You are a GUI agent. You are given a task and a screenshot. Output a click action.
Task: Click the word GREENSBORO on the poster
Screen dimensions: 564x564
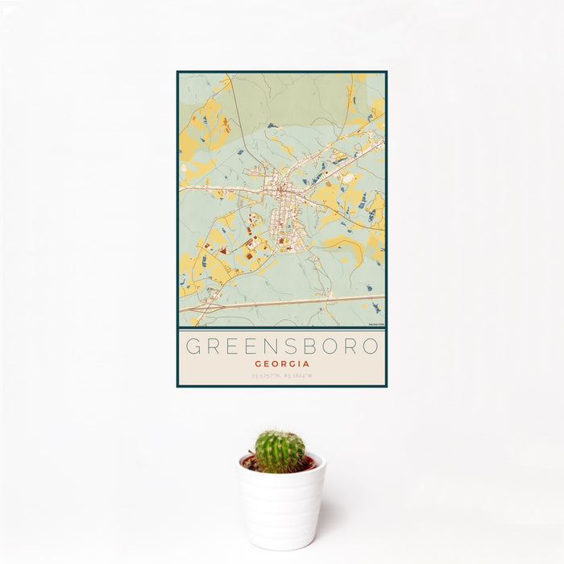click(x=282, y=346)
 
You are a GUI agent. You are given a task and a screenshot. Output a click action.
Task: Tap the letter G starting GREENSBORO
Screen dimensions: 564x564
click(x=193, y=346)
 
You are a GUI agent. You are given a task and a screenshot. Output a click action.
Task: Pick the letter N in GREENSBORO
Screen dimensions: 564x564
click(x=280, y=346)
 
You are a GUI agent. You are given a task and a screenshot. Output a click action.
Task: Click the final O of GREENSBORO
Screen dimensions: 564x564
click(x=370, y=346)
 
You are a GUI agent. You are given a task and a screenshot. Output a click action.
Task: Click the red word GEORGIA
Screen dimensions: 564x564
click(x=282, y=363)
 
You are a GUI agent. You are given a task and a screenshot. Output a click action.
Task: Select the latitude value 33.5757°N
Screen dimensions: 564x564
click(x=266, y=375)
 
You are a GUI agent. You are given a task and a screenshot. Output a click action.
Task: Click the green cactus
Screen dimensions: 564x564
click(x=280, y=450)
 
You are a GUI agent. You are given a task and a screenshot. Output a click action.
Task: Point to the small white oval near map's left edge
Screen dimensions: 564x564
click(x=185, y=169)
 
